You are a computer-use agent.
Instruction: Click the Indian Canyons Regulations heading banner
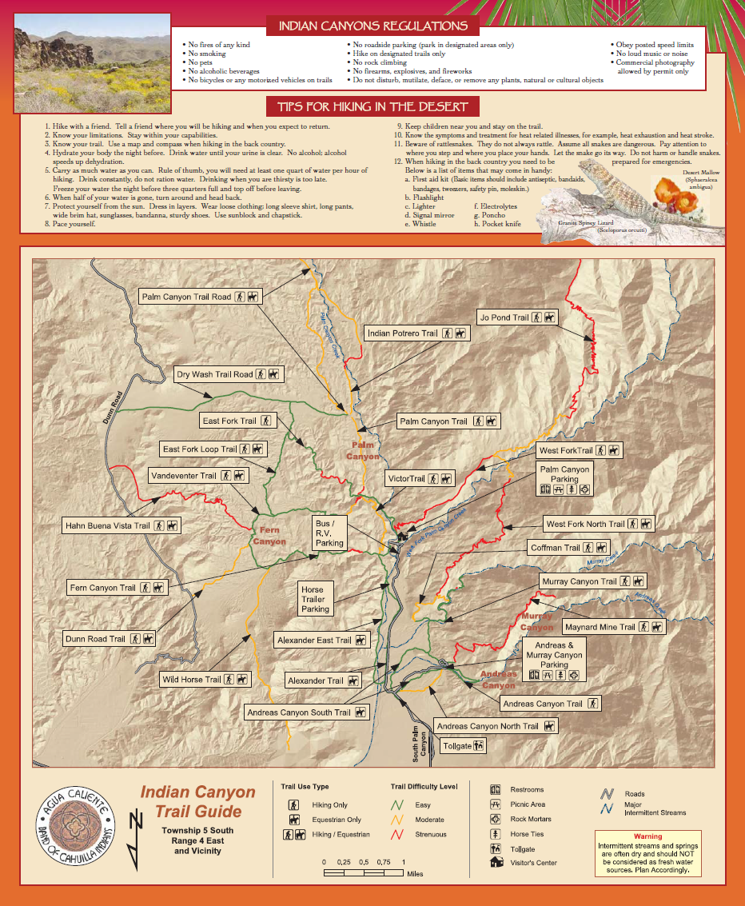pyautogui.click(x=373, y=26)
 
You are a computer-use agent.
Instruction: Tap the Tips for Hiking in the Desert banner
pyautogui.click(x=373, y=106)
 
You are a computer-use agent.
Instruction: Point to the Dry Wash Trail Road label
pyautogui.click(x=228, y=374)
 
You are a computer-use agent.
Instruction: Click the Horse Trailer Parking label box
pyautogui.click(x=315, y=600)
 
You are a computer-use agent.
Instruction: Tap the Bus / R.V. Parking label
pyautogui.click(x=329, y=533)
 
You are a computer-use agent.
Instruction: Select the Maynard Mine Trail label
pyautogui.click(x=613, y=627)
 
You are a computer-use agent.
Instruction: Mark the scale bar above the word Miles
pyautogui.click(x=364, y=872)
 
